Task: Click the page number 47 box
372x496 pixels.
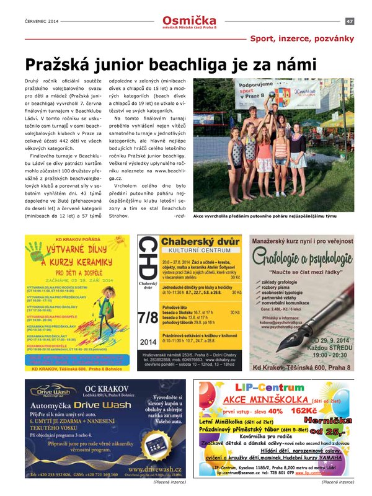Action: pos(350,21)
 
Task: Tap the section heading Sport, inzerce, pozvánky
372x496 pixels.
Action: pos(301,38)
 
